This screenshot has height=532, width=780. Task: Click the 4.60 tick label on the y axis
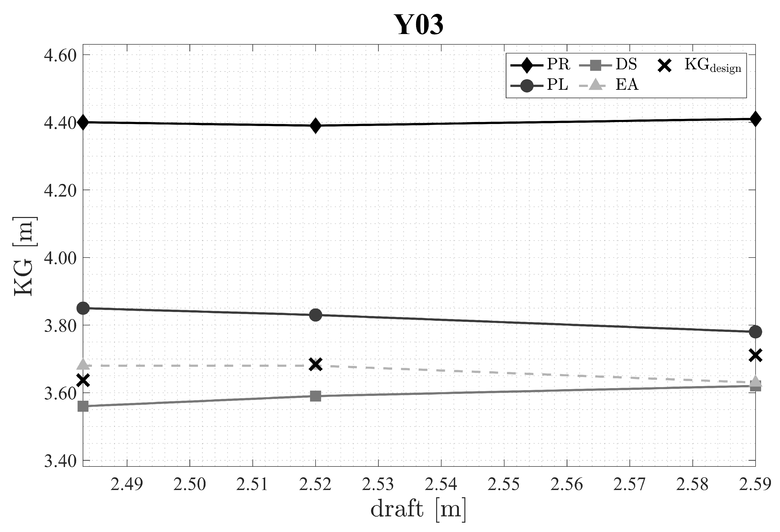[60, 55]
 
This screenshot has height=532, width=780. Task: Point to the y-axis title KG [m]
[24, 257]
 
